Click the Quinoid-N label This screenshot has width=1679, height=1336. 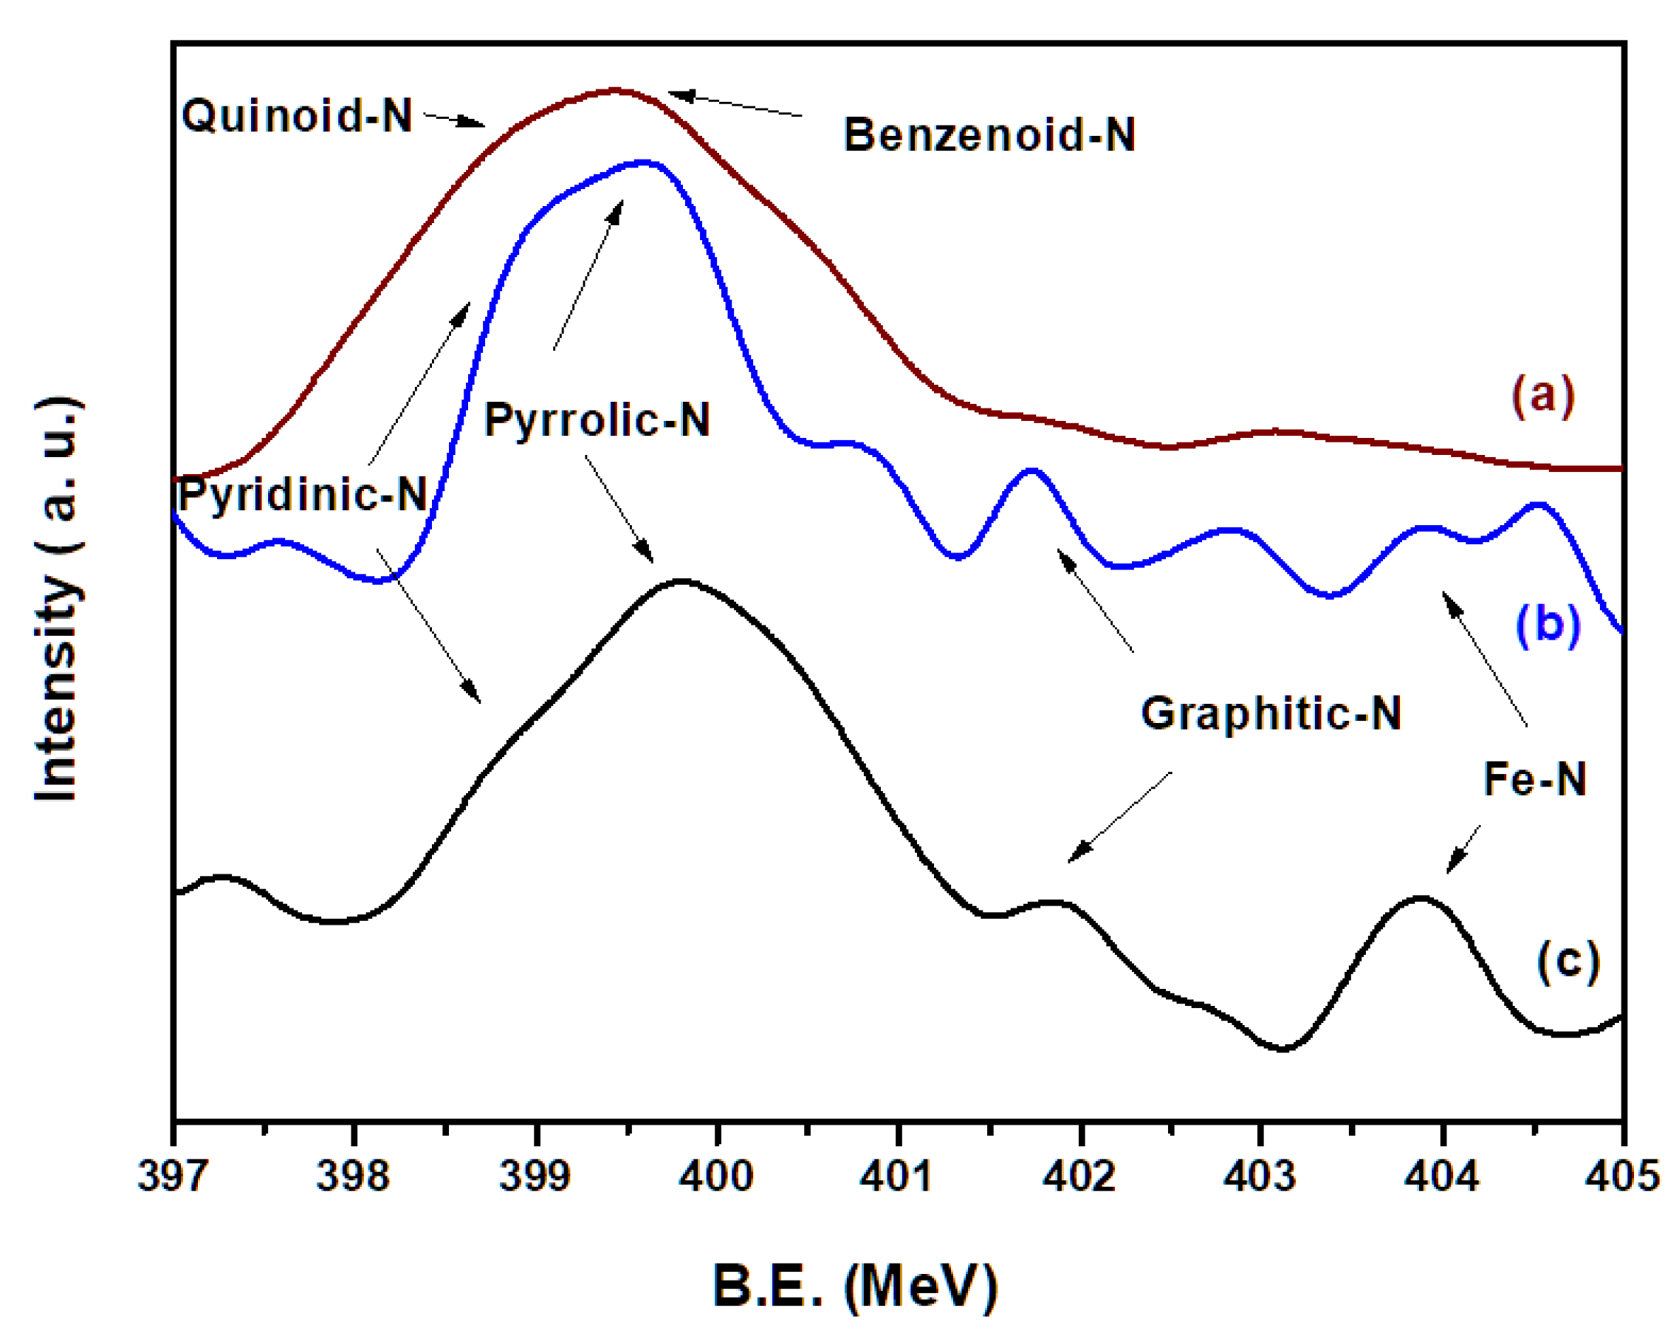[x=297, y=115]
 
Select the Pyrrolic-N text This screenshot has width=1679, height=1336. [x=597, y=420]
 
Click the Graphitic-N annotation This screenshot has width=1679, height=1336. [x=1271, y=712]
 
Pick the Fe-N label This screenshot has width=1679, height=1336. [x=1534, y=778]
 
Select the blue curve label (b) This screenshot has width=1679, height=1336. [x=1548, y=623]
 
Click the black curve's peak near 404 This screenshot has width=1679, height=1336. [x=1421, y=897]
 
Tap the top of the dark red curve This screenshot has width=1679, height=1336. [x=615, y=89]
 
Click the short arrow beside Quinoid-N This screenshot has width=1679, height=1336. [x=454, y=120]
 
